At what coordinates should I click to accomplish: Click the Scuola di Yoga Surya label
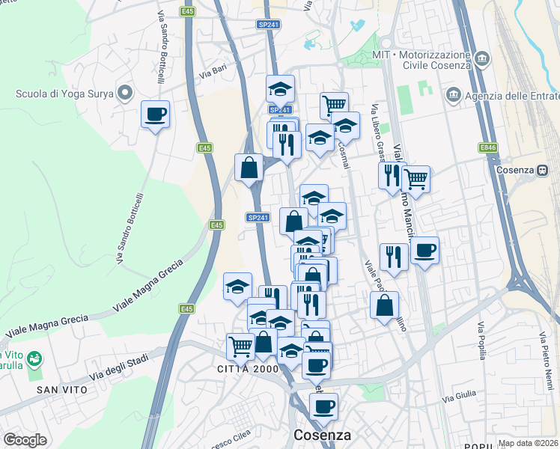[66, 94]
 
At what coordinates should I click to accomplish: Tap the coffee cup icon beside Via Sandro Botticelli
[155, 114]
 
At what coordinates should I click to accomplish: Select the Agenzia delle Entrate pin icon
[452, 95]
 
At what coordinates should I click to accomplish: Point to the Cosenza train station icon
[541, 170]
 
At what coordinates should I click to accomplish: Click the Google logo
[25, 440]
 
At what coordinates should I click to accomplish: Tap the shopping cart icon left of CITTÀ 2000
[240, 346]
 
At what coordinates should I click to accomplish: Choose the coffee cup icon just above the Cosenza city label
[323, 406]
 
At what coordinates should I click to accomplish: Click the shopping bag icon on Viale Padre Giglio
[384, 305]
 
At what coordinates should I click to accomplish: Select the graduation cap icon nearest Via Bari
[280, 88]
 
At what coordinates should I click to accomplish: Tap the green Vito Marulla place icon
[33, 360]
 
